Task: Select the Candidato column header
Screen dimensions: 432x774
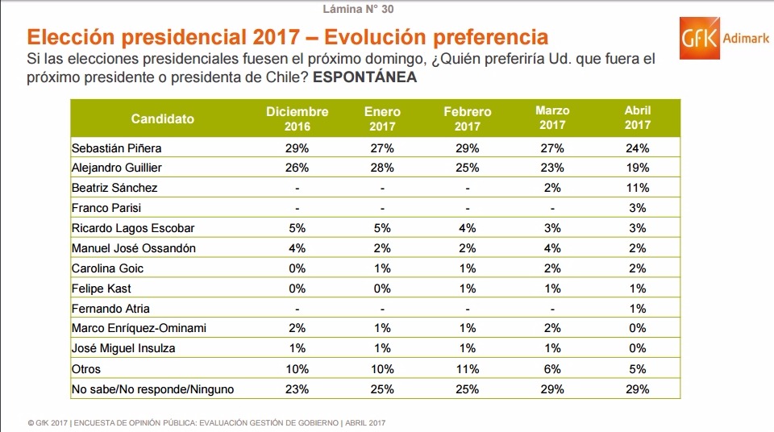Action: point(163,118)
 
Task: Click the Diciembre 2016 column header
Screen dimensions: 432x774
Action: point(298,118)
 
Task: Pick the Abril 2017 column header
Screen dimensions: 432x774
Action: point(637,118)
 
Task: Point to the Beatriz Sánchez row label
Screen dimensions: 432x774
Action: point(114,188)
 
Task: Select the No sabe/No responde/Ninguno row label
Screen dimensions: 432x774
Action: point(152,389)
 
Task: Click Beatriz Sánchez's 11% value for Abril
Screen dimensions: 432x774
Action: point(637,188)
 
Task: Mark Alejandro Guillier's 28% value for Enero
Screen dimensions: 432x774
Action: point(382,168)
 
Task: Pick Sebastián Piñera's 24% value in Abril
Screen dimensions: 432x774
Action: point(637,148)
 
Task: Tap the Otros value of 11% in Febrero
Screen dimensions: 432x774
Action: point(467,369)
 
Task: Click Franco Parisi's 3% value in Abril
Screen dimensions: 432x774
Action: point(637,208)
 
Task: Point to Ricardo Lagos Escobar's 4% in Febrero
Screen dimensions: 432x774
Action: point(467,228)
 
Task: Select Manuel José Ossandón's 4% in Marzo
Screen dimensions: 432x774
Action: point(552,248)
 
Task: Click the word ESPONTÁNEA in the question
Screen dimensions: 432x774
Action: point(364,79)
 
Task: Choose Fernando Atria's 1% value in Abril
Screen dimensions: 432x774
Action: point(637,309)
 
